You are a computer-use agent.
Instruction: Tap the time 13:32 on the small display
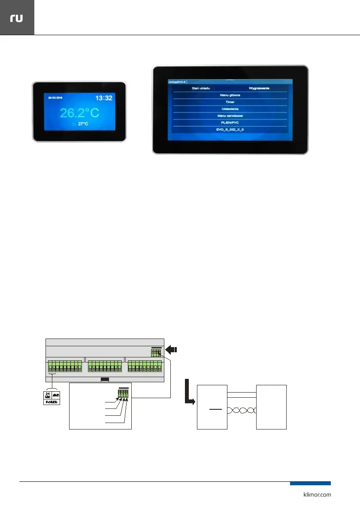103,98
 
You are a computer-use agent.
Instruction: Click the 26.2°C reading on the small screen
79,113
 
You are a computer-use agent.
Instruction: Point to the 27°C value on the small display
83,124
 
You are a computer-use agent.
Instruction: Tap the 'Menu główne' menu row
230,95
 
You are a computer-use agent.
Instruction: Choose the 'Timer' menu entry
230,102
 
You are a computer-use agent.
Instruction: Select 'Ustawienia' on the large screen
230,109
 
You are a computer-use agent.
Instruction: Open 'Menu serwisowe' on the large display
230,116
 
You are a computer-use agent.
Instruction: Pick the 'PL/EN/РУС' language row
230,123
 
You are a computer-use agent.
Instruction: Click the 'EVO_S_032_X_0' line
230,129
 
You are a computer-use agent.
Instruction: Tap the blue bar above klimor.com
310,483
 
